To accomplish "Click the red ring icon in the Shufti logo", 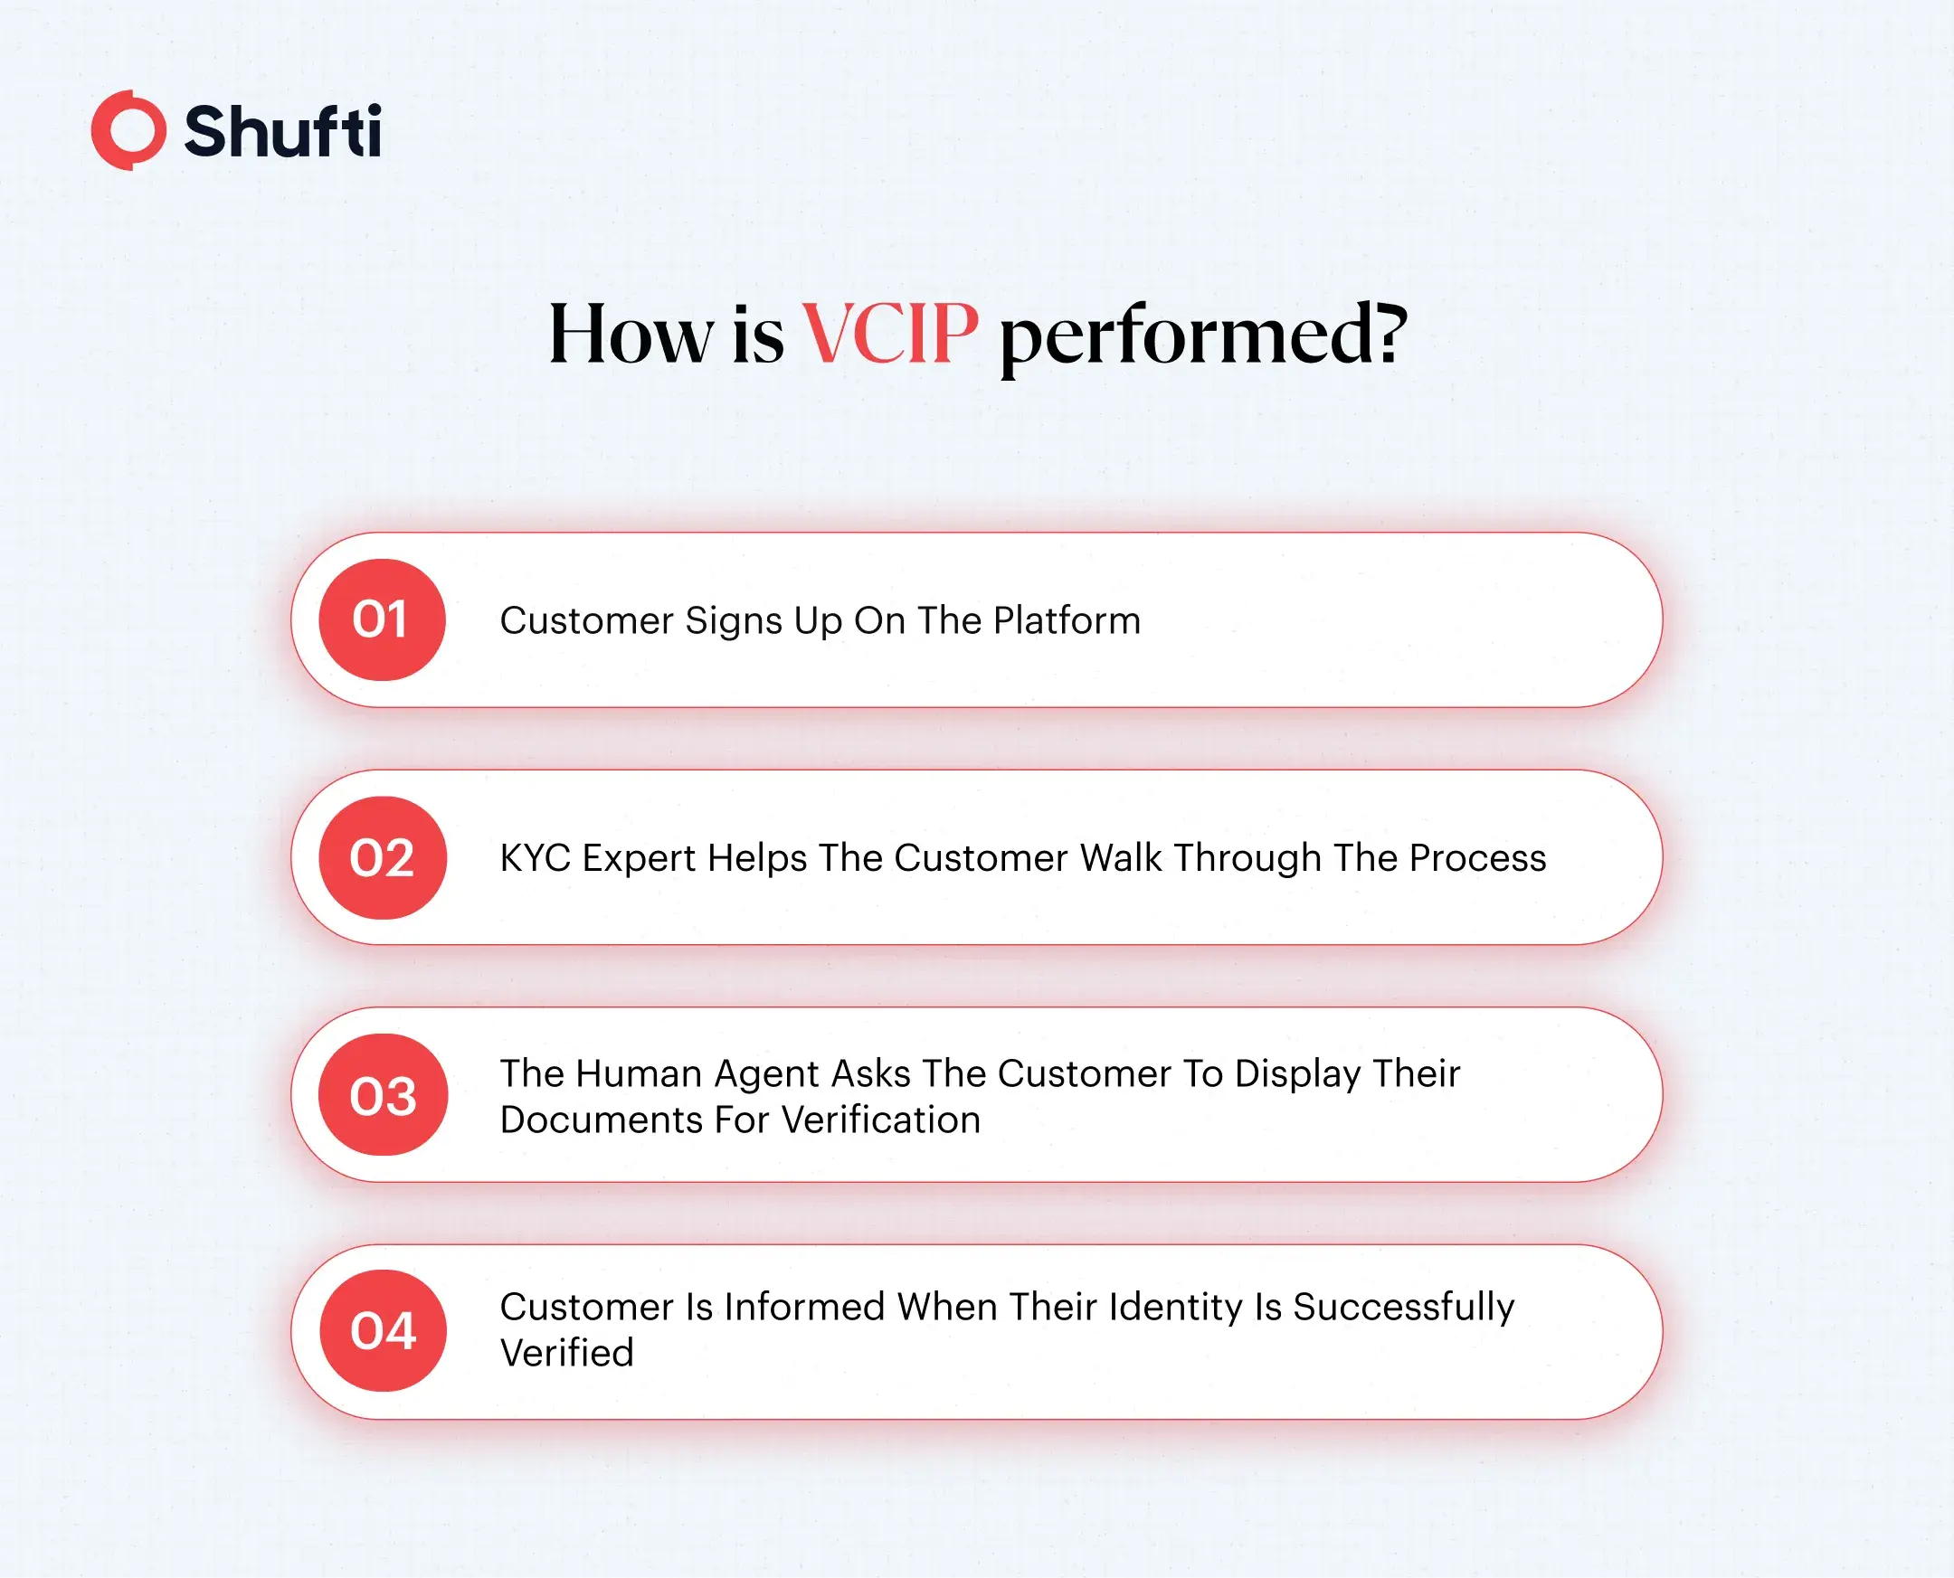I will (x=129, y=130).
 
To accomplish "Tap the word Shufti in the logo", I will (x=282, y=132).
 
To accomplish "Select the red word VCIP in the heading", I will (x=889, y=334).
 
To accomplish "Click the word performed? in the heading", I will (x=1203, y=336).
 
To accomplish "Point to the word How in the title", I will (x=631, y=335).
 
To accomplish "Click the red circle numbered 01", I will (x=382, y=620).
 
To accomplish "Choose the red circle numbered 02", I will (x=383, y=858).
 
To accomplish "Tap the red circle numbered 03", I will (x=383, y=1094).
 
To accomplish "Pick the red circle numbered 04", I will (x=383, y=1331).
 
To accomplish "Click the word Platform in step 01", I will (x=1067, y=621).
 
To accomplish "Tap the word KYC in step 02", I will (x=536, y=858).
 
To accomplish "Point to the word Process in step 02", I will (x=1477, y=858).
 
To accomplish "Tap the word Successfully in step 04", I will (x=1404, y=1308).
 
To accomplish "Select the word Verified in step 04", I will (x=566, y=1354).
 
